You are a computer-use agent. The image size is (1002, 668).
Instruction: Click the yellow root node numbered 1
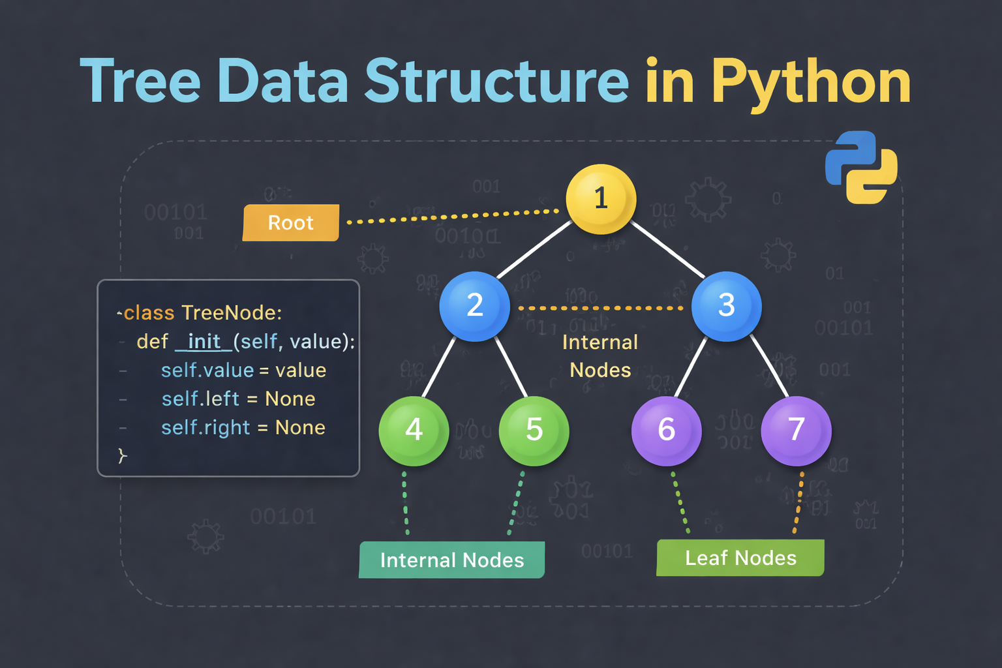pos(601,199)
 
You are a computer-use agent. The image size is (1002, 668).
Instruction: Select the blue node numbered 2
pos(474,306)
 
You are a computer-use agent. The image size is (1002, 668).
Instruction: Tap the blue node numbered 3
pos(726,306)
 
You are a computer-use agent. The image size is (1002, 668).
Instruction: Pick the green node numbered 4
pos(414,431)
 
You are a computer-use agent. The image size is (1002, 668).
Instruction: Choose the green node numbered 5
pos(534,431)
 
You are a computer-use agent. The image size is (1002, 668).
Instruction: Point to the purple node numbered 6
pos(666,431)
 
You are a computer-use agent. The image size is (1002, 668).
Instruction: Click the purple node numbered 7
pos(796,431)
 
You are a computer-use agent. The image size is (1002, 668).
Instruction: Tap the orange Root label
pos(291,223)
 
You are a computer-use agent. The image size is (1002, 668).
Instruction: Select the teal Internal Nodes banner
pos(452,560)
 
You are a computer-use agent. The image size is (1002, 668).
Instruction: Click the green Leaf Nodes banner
pos(740,558)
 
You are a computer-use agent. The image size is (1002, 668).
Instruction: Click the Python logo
pos(861,167)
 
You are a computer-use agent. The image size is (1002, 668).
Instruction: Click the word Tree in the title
pos(140,82)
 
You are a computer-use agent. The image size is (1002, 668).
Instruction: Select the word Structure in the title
pos(496,82)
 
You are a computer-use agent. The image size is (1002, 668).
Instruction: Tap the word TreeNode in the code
pos(232,313)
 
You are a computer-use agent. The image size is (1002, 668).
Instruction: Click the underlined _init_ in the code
pos(204,342)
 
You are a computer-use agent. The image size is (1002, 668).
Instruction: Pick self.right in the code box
pos(205,428)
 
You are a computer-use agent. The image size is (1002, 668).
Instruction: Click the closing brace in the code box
pos(122,455)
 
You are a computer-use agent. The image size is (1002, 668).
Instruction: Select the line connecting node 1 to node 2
pos(535,249)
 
